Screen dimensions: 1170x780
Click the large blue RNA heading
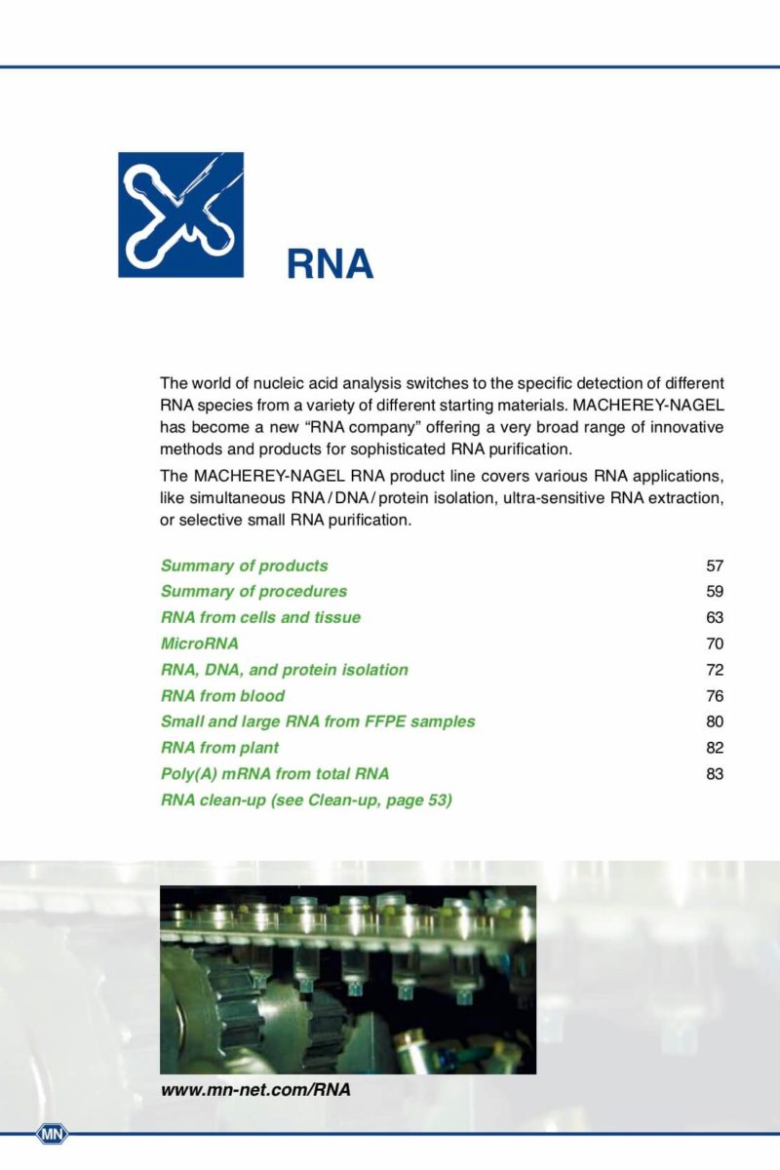(x=330, y=263)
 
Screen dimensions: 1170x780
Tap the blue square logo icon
(x=180, y=214)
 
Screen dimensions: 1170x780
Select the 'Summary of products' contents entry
(x=244, y=565)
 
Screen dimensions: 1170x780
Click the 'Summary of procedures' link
(x=253, y=592)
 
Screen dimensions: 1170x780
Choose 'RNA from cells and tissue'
(x=260, y=617)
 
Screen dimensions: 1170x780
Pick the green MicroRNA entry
(x=199, y=643)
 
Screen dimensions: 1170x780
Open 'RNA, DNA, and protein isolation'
(x=284, y=670)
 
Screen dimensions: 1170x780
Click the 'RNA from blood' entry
(x=222, y=696)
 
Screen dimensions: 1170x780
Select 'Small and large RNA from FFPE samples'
(x=318, y=721)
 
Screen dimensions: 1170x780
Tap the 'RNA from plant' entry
(x=219, y=748)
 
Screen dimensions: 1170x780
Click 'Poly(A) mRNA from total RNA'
(x=275, y=774)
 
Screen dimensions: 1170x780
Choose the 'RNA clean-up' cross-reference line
(x=306, y=800)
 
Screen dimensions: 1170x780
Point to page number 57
(x=715, y=565)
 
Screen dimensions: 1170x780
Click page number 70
(x=715, y=643)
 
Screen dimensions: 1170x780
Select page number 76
(x=715, y=696)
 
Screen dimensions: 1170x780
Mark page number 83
(x=715, y=774)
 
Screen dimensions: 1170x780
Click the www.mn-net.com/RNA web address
(x=255, y=1090)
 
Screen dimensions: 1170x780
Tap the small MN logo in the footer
(x=52, y=1133)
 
